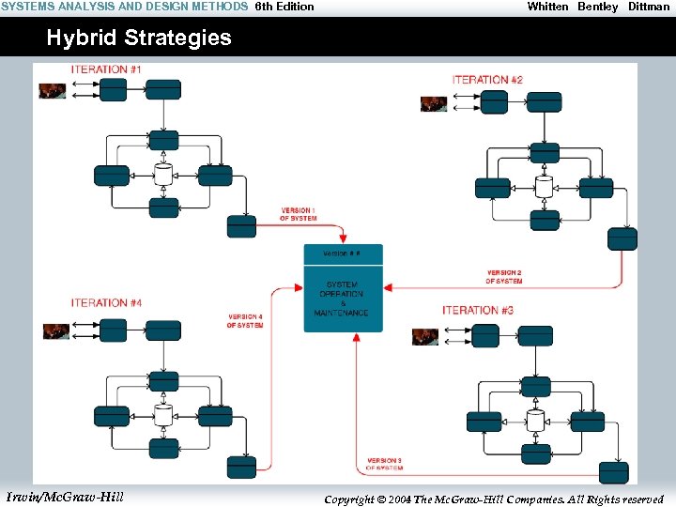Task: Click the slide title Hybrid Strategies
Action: pos(139,38)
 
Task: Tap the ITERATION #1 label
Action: pos(106,69)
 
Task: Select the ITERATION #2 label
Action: pos(487,81)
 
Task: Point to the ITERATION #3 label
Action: pos(478,311)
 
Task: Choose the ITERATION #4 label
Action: pos(106,303)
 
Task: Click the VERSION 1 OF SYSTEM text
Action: pos(298,214)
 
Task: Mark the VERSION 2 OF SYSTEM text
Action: pos(504,277)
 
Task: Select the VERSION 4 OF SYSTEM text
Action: pos(245,321)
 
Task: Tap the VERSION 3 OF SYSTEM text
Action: pos(384,464)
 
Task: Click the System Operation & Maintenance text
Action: pos(343,299)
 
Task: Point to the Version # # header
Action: pos(341,253)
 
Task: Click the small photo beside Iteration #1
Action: pos(52,91)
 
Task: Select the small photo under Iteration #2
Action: pos(434,104)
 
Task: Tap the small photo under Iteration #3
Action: pos(425,336)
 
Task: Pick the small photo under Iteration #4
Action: pos(56,331)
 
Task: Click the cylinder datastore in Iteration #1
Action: pos(163,175)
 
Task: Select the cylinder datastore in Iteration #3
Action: pos(535,421)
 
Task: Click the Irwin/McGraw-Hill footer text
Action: pos(65,496)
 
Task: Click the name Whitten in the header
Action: pos(547,7)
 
